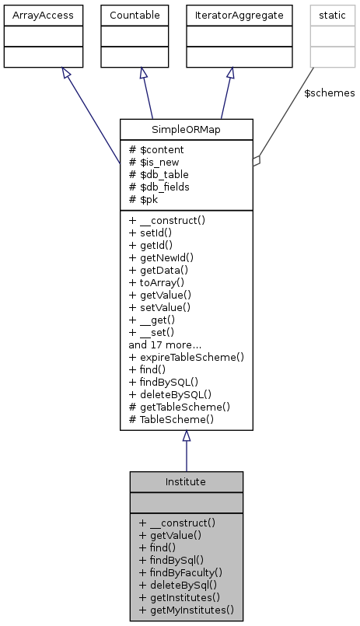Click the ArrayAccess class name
click(x=33, y=15)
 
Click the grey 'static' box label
click(x=332, y=15)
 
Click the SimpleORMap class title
click(x=187, y=128)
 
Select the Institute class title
click(x=186, y=481)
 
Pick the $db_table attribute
click(x=161, y=174)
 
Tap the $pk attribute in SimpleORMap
click(x=147, y=199)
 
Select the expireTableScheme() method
click(x=187, y=357)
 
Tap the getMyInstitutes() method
click(x=187, y=610)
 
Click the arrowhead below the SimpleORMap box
click(x=187, y=437)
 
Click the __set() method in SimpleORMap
click(x=157, y=332)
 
